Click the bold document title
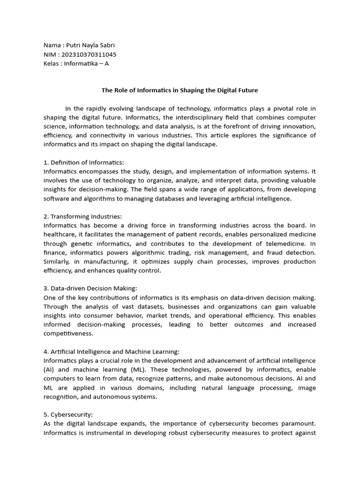click(180, 90)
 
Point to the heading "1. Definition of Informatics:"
click(83, 162)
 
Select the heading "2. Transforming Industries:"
click(82, 216)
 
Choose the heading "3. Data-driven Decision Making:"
click(90, 288)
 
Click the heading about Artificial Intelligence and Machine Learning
click(112, 352)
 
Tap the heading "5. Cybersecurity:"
click(68, 415)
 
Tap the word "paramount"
click(298, 424)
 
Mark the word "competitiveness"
click(68, 334)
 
